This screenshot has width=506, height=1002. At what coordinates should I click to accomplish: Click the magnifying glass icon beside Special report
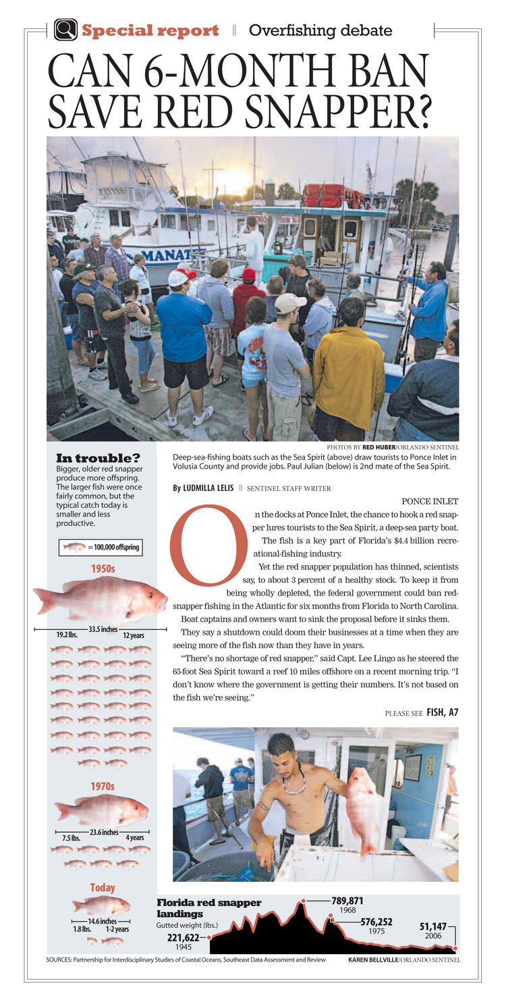(65, 30)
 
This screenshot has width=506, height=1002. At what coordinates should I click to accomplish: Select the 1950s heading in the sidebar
(103, 569)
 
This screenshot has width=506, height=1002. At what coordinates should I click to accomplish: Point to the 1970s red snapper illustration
(101, 810)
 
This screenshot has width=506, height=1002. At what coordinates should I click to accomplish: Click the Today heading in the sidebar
(103, 887)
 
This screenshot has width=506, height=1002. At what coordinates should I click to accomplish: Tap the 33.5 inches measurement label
(103, 629)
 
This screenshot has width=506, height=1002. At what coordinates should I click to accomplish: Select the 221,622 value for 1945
(183, 937)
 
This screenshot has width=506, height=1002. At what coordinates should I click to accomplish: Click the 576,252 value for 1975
(376, 921)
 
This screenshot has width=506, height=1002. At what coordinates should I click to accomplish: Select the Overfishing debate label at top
(320, 30)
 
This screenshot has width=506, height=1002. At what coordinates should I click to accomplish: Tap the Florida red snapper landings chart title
(208, 907)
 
